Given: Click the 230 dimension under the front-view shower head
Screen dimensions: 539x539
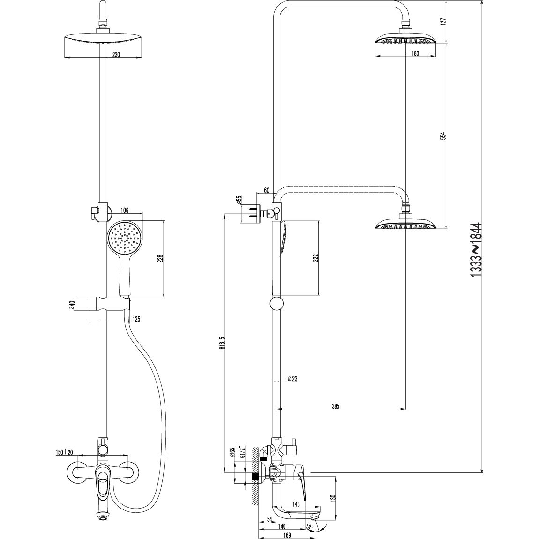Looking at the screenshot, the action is pyautogui.click(x=116, y=54).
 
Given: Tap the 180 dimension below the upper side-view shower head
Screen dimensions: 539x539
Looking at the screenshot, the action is pyautogui.click(x=415, y=53).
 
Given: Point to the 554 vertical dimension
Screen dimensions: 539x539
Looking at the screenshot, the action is pyautogui.click(x=443, y=135).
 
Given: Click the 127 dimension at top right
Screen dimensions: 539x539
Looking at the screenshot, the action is pyautogui.click(x=443, y=21).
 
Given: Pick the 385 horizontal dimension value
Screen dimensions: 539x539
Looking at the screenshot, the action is pyautogui.click(x=336, y=406).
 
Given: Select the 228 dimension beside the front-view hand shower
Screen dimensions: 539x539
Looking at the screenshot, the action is pyautogui.click(x=160, y=259).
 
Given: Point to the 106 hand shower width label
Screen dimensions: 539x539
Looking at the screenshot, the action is pyautogui.click(x=124, y=210).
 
